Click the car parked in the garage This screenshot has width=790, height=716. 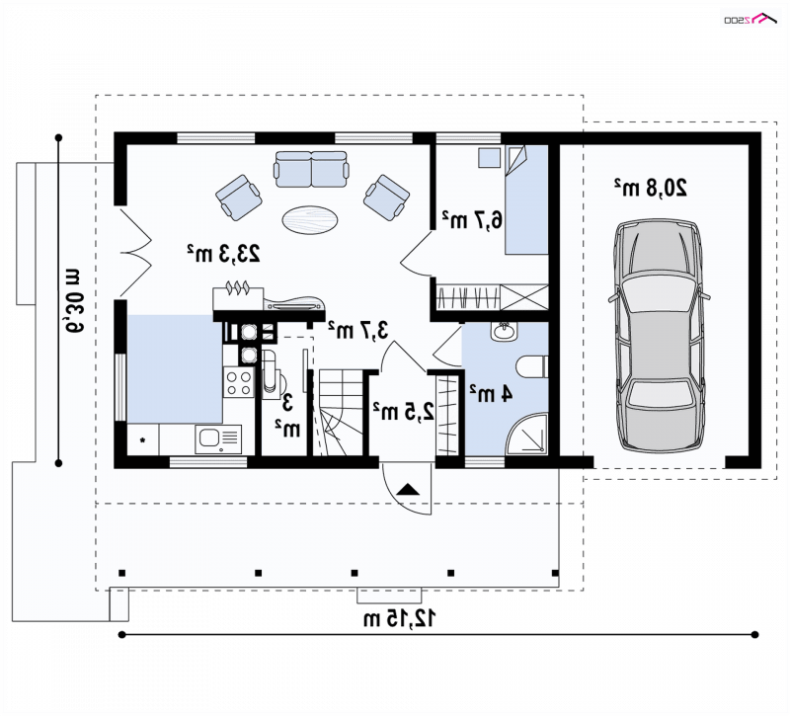point(659,336)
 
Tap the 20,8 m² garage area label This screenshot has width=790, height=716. point(650,188)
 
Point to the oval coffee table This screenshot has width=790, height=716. point(310,219)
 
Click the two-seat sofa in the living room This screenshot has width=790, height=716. point(311,168)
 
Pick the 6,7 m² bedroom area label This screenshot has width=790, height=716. point(472,219)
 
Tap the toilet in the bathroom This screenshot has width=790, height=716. point(532,366)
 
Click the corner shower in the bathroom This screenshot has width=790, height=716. point(527,435)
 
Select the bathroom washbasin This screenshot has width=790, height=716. point(504,332)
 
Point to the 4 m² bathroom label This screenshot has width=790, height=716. point(491,393)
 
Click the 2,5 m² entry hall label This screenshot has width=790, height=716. point(403,411)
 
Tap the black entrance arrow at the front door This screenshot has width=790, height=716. point(408,490)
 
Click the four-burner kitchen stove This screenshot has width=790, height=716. point(239,382)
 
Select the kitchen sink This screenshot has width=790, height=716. point(218,438)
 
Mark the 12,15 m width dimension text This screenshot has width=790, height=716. point(400,618)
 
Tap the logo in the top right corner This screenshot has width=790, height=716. point(751,19)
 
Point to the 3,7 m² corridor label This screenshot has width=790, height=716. point(358,330)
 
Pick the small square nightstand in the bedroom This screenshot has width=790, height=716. point(489,157)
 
